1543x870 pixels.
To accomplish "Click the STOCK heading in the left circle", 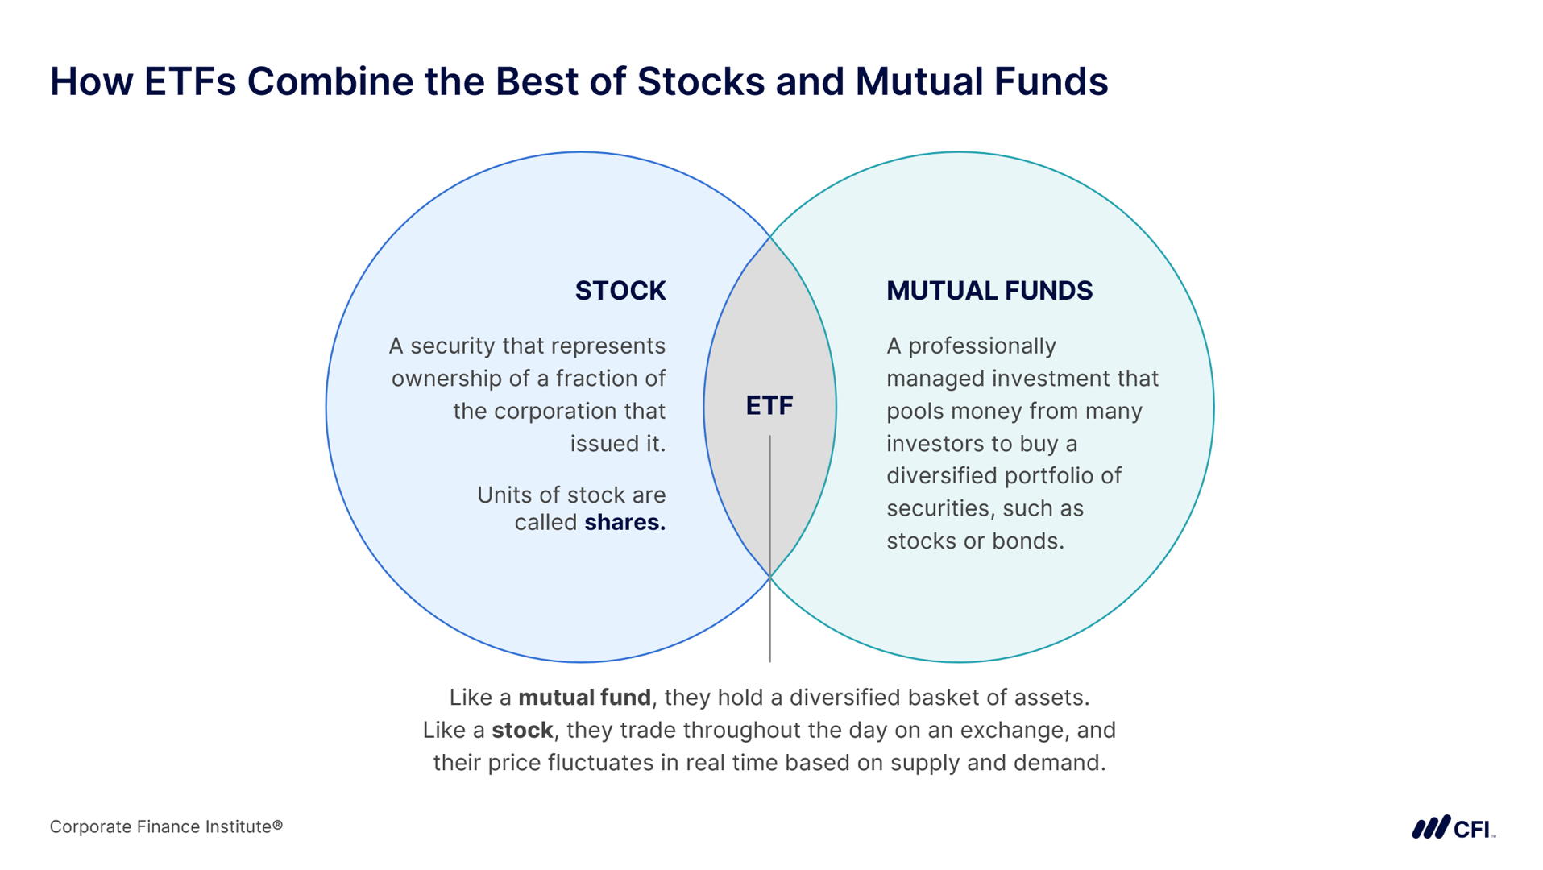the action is click(x=620, y=291).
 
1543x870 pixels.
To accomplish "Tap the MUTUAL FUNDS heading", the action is click(x=989, y=291).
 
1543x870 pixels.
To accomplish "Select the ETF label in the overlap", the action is click(x=769, y=405).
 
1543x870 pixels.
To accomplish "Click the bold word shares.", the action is click(x=625, y=523).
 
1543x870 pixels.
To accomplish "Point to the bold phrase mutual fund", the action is click(x=584, y=698).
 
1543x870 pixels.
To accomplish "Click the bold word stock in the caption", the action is click(x=522, y=731).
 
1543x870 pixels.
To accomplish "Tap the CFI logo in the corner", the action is click(x=1454, y=827).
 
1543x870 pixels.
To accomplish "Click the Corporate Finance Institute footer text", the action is click(x=166, y=827).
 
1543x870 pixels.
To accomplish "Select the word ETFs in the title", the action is click(x=190, y=81).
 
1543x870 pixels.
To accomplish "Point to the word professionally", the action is click(x=981, y=347).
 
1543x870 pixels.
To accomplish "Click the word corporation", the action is click(x=558, y=412).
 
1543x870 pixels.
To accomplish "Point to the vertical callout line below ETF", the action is click(x=769, y=549).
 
